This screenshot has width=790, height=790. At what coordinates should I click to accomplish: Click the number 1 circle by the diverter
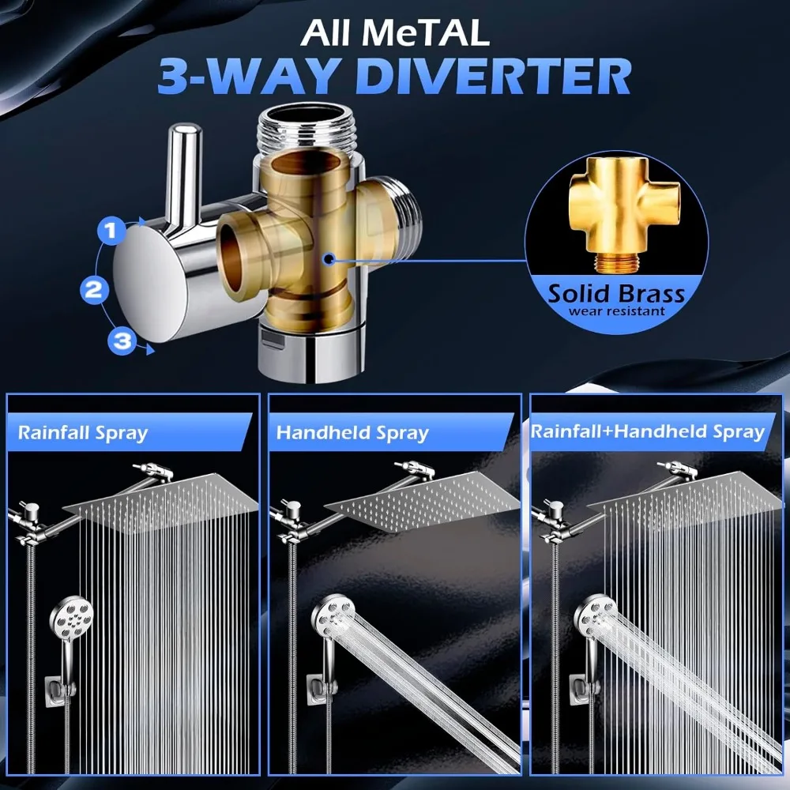pyautogui.click(x=111, y=231)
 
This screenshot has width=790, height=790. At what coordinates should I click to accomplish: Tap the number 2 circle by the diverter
pyautogui.click(x=94, y=289)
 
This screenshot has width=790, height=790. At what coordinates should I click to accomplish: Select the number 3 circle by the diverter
pyautogui.click(x=122, y=341)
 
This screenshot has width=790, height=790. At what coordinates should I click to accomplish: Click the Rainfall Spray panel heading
pyautogui.click(x=83, y=433)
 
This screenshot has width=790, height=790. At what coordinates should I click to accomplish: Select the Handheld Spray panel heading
pyautogui.click(x=352, y=433)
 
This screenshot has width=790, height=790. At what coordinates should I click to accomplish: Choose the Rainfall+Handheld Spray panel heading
pyautogui.click(x=648, y=431)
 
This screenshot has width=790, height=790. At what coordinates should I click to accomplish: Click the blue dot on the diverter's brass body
pyautogui.click(x=327, y=258)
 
